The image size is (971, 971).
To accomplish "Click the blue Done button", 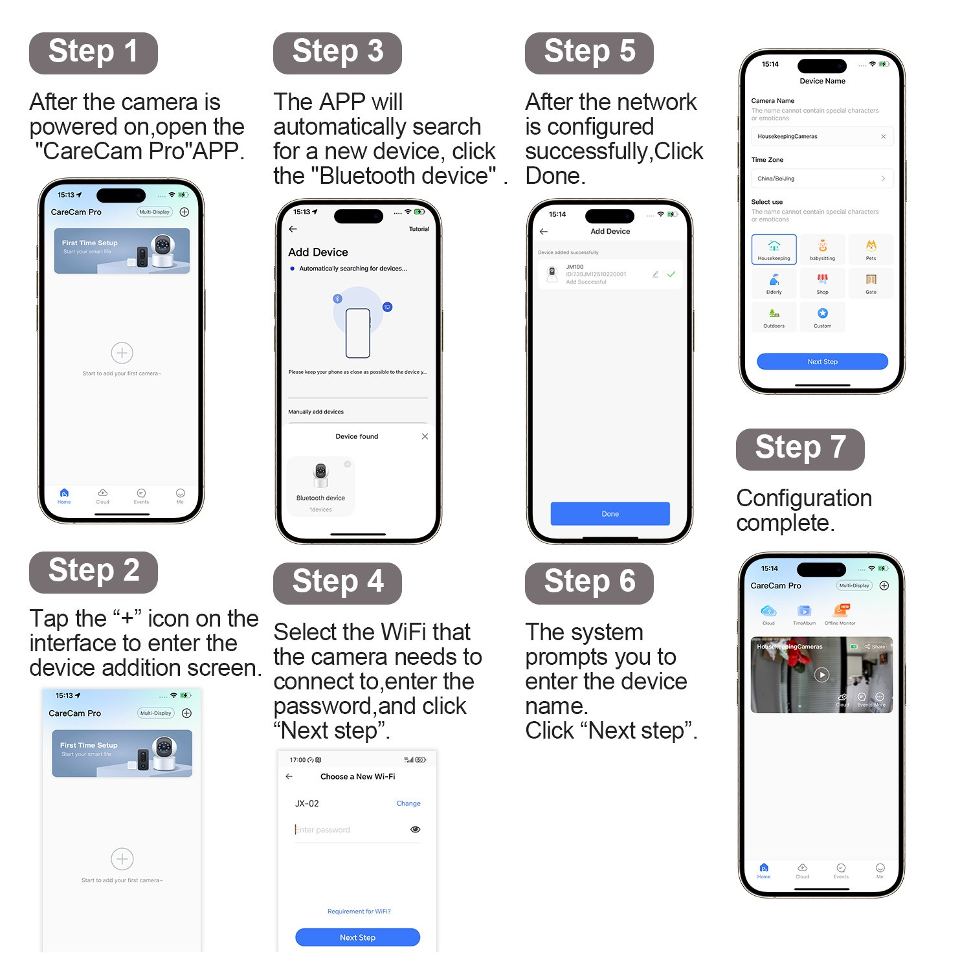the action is click(x=610, y=513).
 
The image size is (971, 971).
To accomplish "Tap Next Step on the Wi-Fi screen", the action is click(x=357, y=937).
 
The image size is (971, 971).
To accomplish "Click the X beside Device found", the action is click(x=425, y=436).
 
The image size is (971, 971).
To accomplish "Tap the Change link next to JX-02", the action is click(x=408, y=803).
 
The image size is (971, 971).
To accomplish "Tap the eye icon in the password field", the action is click(x=416, y=829).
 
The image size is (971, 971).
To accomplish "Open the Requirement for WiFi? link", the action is click(x=359, y=911).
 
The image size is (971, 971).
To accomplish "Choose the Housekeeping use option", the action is click(x=774, y=249).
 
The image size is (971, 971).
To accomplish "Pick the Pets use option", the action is click(x=871, y=249).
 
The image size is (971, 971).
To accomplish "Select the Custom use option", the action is click(x=822, y=317).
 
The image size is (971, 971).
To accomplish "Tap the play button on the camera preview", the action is click(x=821, y=675).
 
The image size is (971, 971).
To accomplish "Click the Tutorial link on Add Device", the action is click(x=419, y=229).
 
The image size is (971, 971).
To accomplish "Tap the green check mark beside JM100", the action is click(x=671, y=274).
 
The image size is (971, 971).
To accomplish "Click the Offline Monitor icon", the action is click(x=840, y=613).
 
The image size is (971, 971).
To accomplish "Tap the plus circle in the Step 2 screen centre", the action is click(x=122, y=859).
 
